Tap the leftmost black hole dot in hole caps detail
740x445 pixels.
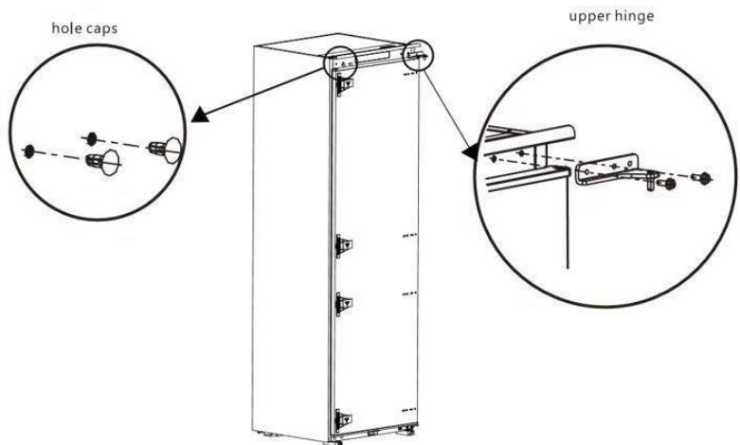click(30, 151)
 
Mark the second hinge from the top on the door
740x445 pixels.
click(343, 245)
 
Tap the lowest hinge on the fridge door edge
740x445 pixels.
click(343, 417)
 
